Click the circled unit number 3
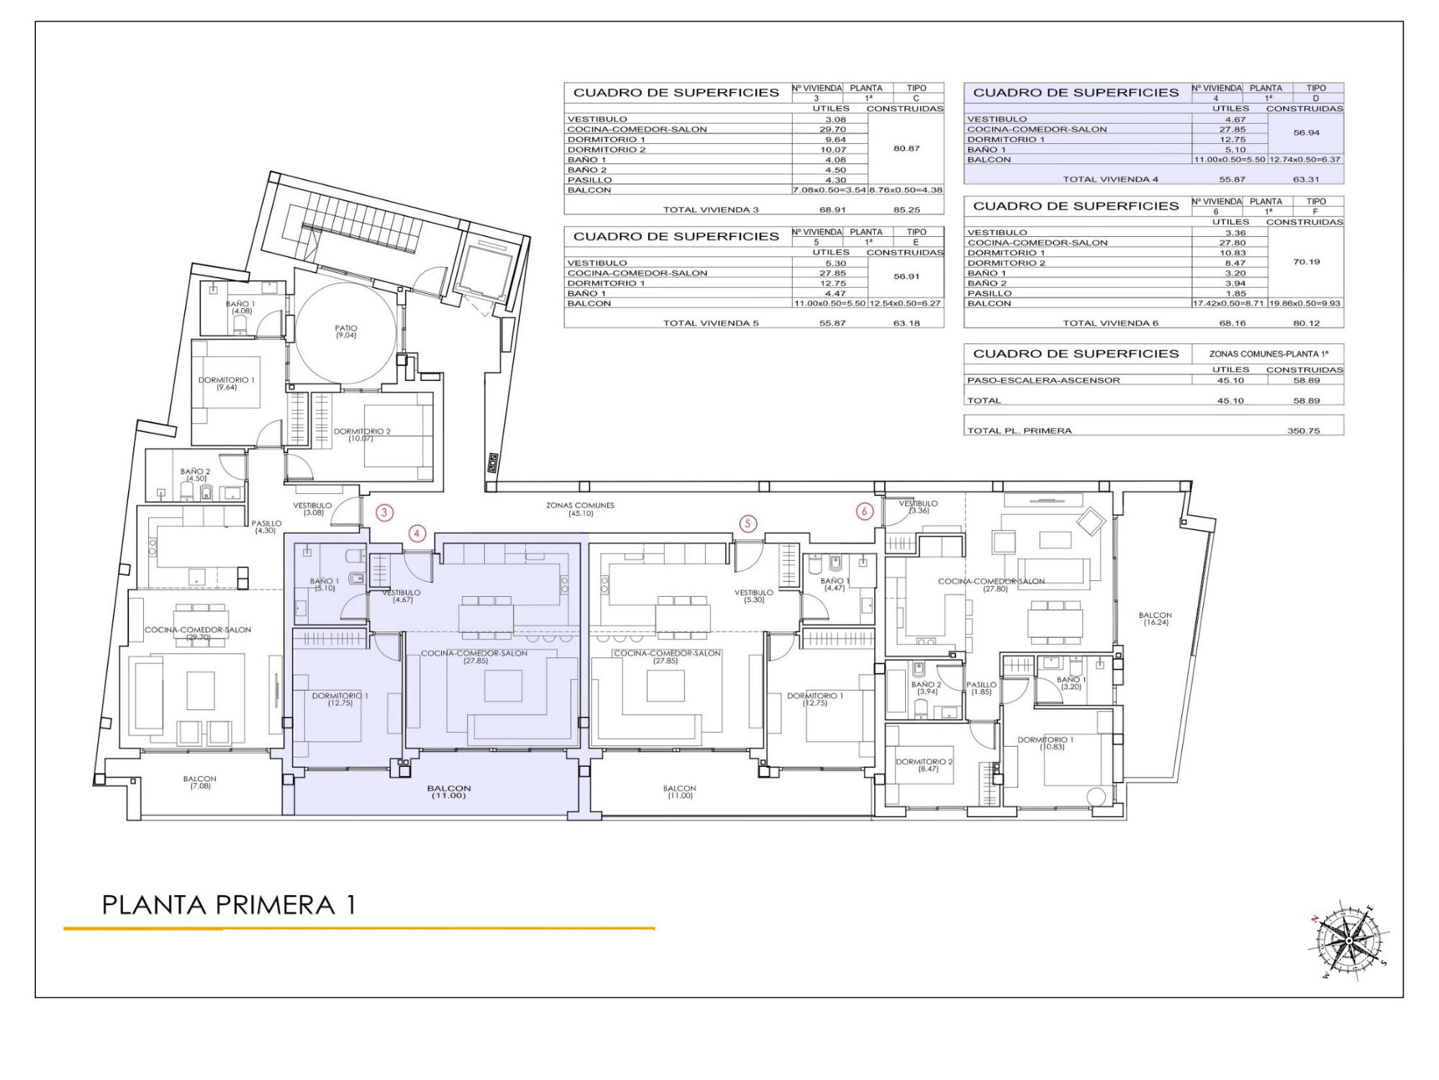[385, 513]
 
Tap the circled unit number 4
[417, 534]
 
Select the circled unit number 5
[748, 523]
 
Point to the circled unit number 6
[864, 511]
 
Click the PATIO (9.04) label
[346, 331]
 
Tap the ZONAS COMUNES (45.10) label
[580, 509]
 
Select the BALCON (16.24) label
[1156, 618]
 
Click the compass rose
[1350, 940]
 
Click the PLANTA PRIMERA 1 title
[229, 905]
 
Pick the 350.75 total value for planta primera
[1303, 431]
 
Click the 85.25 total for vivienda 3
[906, 210]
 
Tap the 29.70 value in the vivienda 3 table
[832, 130]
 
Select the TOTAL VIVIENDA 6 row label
[1111, 323]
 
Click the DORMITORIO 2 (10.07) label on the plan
[362, 435]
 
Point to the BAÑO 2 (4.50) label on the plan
[196, 474]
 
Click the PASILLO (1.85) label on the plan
[981, 688]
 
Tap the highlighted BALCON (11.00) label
[449, 792]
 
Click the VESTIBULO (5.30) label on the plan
[754, 596]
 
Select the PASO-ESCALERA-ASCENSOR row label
[1043, 380]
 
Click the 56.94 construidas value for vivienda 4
[1306, 132]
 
